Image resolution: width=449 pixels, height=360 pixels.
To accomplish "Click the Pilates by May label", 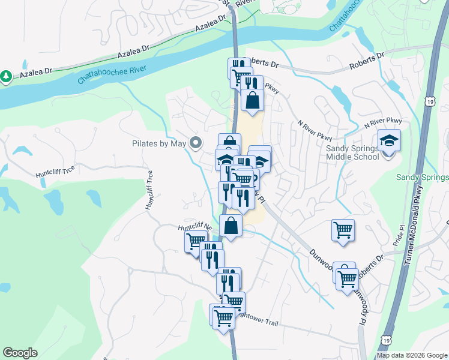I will [x=159, y=143].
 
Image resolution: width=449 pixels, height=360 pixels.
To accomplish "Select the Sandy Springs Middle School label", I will [x=352, y=152].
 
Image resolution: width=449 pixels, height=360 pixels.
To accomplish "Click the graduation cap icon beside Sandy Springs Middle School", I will [x=389, y=141].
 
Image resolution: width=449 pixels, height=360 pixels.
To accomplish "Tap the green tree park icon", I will [x=6, y=76].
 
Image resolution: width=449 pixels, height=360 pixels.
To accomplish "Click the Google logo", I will [x=20, y=353].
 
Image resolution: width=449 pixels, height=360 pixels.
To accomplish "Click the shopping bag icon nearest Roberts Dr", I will [x=252, y=100].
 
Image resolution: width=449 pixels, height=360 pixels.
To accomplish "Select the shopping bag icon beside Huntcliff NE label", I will [x=231, y=226].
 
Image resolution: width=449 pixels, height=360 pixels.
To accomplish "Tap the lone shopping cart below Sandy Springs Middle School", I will [x=343, y=230].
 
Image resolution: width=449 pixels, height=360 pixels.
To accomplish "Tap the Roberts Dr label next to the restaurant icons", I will [x=262, y=62].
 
